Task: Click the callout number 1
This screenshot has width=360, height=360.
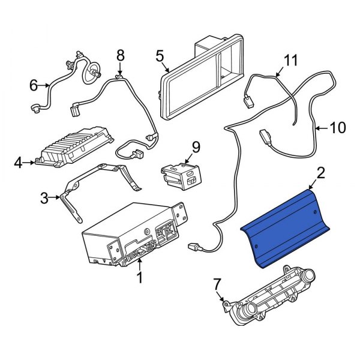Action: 140,278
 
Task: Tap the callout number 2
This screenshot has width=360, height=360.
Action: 320,173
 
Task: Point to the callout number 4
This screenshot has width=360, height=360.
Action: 18,161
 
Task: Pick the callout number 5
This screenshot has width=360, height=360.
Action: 160,56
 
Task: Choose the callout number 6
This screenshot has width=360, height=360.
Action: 33,86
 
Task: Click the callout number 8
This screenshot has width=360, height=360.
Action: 120,55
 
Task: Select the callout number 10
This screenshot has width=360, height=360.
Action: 338,127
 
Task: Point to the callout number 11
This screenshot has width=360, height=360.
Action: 290,60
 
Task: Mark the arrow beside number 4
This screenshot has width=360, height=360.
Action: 31,161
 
